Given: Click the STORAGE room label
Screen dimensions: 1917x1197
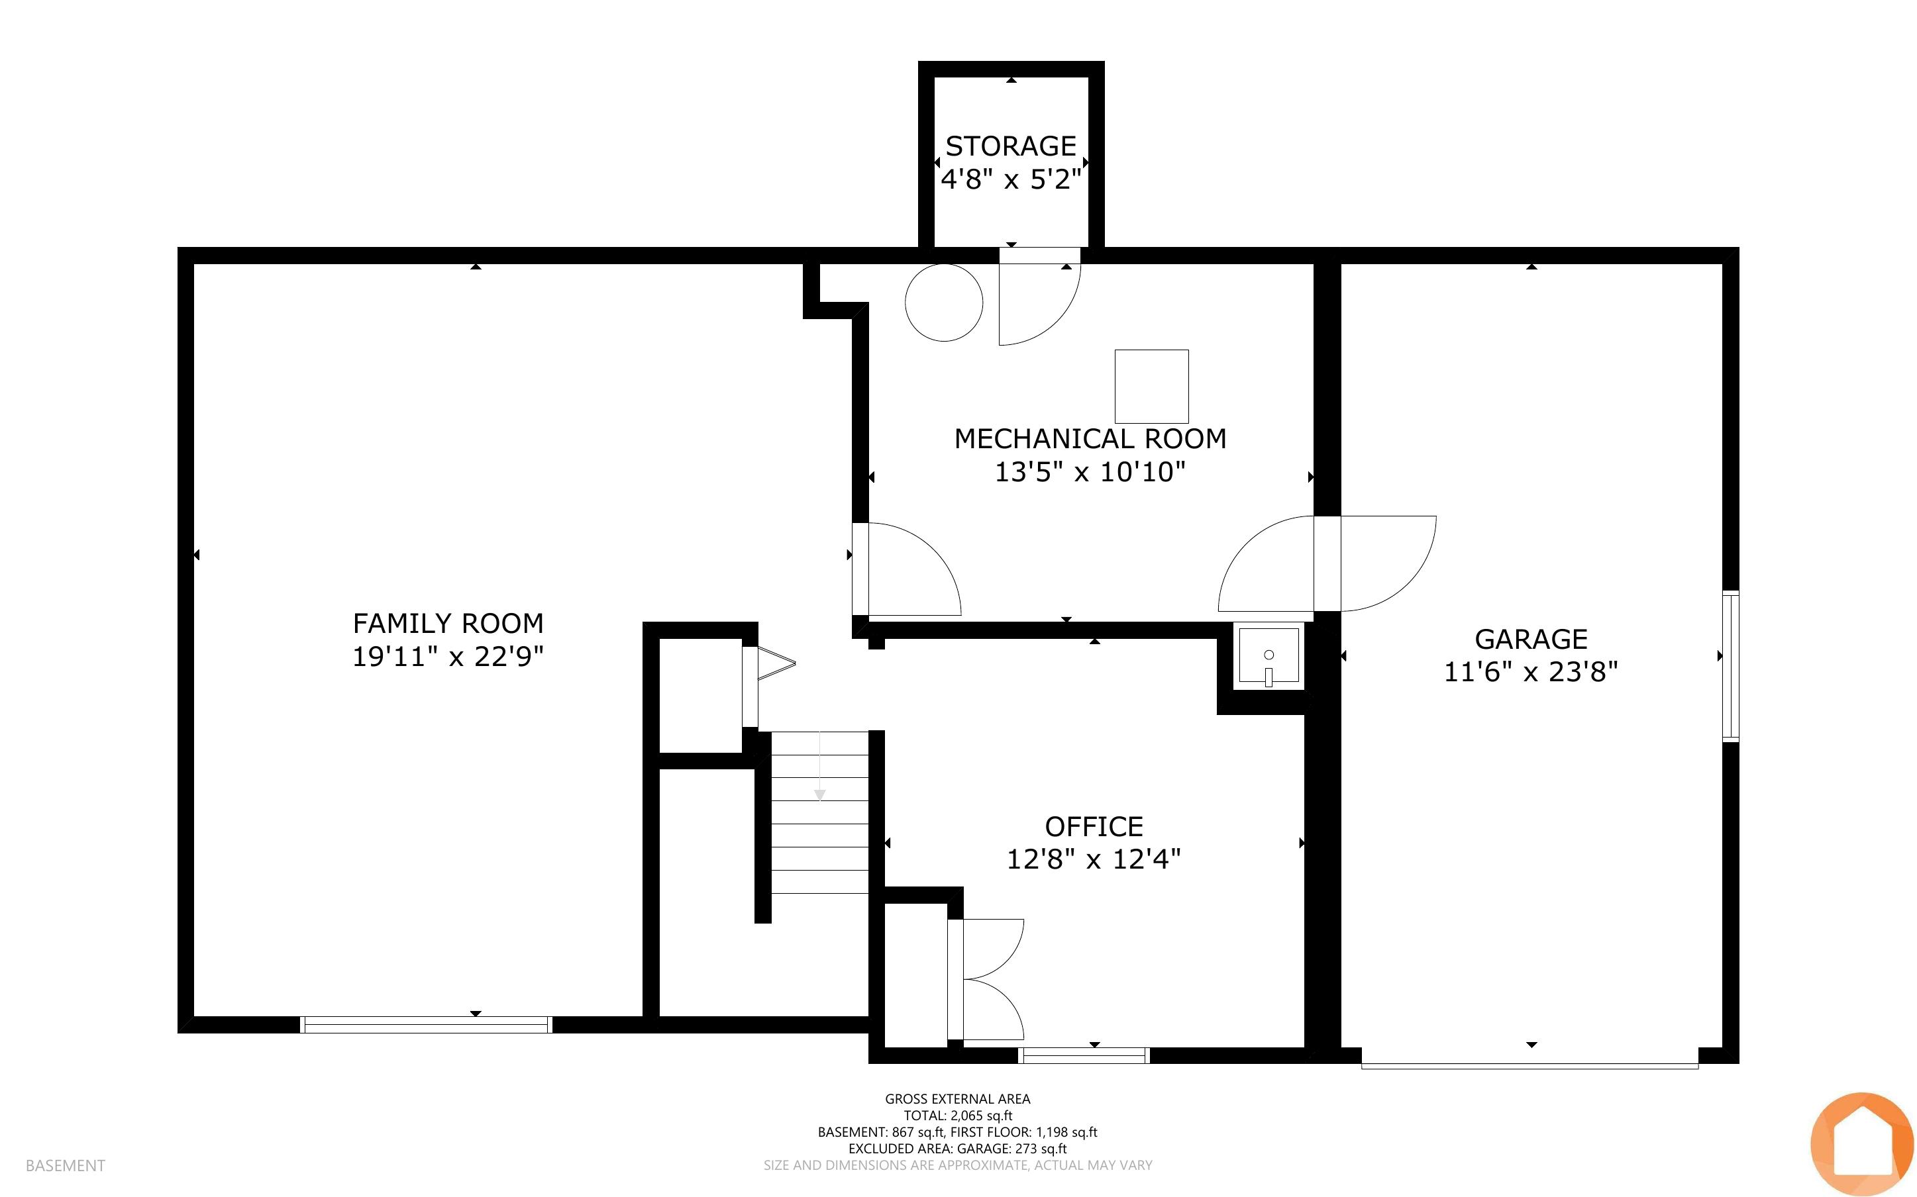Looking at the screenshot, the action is pos(1010,146).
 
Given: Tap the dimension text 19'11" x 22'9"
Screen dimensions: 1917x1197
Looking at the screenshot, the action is pos(448,657).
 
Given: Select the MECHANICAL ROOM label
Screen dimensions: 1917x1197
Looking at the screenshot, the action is pos(1090,438).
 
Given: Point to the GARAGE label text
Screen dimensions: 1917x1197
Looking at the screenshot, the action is pos(1531,639).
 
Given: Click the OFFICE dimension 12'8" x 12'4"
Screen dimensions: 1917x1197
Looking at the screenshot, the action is pos(1094,859).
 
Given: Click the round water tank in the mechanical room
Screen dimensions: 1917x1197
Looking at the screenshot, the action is pos(944,303).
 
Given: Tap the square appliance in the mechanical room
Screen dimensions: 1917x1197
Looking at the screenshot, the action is pos(1151,387).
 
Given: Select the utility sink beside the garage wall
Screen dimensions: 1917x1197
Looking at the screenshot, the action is pos(1269,656).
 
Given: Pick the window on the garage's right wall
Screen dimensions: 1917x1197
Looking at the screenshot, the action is pos(1731,666).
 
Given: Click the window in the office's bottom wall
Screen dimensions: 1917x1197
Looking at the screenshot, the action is pos(1083,1055).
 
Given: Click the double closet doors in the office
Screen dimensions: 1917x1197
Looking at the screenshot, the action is pos(986,979).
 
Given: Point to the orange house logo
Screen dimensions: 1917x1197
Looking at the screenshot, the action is pos(1861,1144).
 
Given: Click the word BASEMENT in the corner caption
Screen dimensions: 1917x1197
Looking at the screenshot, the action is pos(65,1165).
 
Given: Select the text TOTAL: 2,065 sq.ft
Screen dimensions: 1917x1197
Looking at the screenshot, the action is pos(958,1116).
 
